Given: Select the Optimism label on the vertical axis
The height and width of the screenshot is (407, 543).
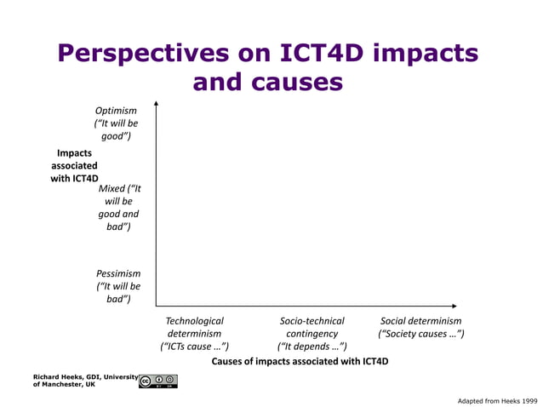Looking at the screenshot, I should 116,111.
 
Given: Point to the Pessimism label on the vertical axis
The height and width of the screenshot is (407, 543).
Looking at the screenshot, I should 118,273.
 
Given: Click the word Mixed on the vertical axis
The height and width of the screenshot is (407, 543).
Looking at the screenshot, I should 111,188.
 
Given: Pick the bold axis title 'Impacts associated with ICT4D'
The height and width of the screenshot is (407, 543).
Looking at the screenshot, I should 74,166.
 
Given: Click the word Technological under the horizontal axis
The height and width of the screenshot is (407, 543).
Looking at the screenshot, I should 195,321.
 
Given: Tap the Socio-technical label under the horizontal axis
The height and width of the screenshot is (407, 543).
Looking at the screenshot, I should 312,321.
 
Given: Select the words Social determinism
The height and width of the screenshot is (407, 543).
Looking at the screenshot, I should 420,321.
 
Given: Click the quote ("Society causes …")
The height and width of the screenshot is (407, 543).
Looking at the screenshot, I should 420,334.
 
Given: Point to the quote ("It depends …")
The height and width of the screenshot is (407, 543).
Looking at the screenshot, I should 312,347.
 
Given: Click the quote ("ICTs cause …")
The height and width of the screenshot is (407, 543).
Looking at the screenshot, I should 195,347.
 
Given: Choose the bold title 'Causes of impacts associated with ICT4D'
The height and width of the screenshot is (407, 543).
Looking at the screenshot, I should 300,362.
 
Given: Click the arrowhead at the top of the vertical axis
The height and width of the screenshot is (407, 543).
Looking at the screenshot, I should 157,104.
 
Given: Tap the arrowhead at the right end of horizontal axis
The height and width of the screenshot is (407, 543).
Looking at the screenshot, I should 454,306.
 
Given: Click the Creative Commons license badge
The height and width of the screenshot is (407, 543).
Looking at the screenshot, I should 157,381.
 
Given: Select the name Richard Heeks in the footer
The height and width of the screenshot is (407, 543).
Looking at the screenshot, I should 58,376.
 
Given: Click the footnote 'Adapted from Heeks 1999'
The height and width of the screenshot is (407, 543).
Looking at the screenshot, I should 497,399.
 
